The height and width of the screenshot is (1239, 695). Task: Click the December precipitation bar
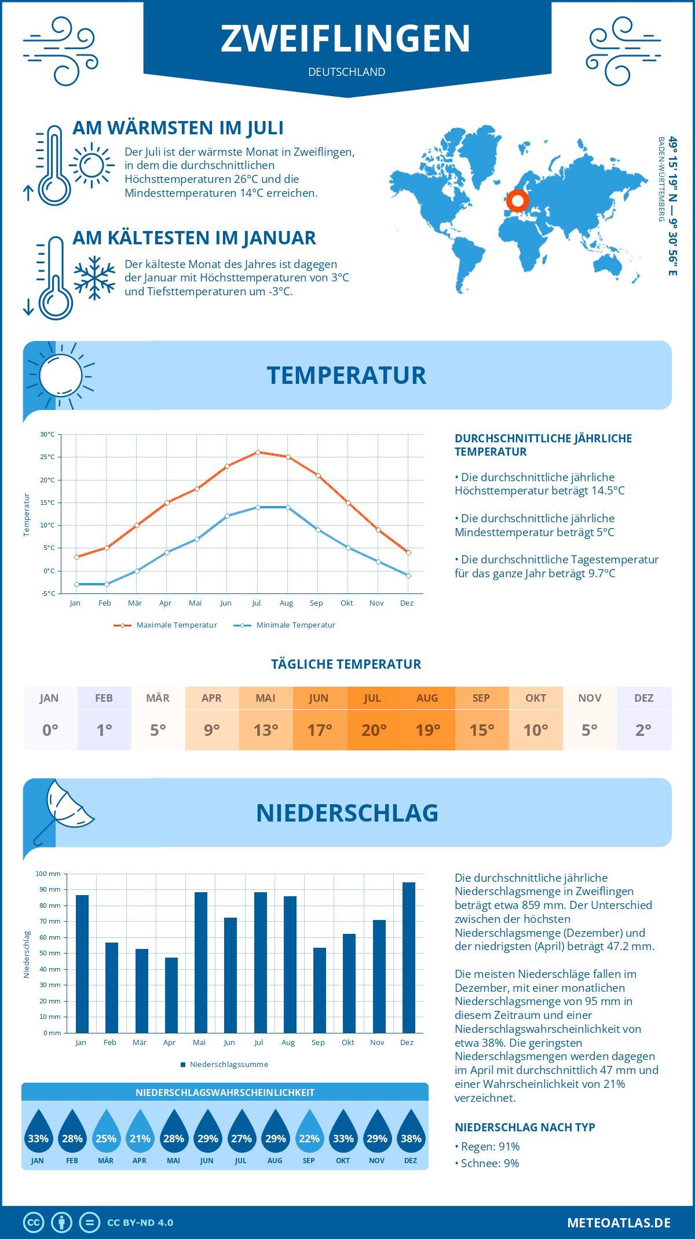(x=409, y=958)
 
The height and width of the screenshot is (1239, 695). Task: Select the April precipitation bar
(x=171, y=995)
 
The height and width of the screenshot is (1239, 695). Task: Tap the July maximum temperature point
(x=258, y=452)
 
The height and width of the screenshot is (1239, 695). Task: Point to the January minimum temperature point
(x=76, y=584)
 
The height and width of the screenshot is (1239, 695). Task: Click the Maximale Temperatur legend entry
(x=166, y=625)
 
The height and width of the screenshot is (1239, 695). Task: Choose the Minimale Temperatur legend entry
(x=285, y=625)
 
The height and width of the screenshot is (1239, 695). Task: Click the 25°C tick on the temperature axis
(x=47, y=457)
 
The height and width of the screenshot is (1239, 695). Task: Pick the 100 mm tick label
(x=48, y=874)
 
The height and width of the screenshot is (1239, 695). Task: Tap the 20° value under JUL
(x=374, y=730)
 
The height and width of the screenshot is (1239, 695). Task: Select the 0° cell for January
(x=50, y=730)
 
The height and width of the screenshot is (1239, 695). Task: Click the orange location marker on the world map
(x=517, y=201)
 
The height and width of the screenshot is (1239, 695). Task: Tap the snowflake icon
(x=94, y=278)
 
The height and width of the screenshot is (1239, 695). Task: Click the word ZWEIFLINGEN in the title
(x=346, y=39)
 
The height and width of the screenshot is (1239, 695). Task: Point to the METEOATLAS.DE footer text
(x=619, y=1223)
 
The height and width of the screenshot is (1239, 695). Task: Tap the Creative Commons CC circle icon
(x=34, y=1223)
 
